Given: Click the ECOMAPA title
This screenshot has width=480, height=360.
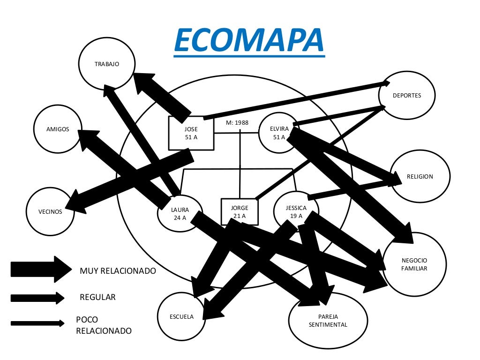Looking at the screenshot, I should tap(249, 40).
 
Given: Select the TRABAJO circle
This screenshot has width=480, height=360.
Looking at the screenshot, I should tap(107, 64).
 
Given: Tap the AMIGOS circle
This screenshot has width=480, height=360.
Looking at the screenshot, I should tap(58, 129).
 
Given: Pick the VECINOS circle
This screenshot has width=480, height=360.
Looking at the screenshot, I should tap(50, 211).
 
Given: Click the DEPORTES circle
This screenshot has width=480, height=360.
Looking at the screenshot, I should tap(407, 96).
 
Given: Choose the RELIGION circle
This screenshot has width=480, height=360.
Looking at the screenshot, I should tap(420, 176).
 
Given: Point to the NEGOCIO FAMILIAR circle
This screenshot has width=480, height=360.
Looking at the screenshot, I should tap(414, 264).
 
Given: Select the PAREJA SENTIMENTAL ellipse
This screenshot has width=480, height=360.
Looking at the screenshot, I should tap(328, 321).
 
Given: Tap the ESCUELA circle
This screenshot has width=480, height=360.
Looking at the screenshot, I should tap(181, 316).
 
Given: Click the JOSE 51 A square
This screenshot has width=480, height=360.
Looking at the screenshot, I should tap(191, 133).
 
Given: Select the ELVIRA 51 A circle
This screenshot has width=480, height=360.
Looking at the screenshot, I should tap(278, 133).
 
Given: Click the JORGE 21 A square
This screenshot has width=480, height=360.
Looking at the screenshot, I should tap(239, 212).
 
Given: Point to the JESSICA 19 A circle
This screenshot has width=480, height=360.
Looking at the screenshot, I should tap(296, 212).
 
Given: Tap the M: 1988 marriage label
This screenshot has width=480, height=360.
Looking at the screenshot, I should tap(237, 123).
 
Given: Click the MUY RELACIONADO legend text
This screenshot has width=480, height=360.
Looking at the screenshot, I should tap(118, 271).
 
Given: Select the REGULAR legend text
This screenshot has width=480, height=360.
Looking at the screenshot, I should tap(97, 297).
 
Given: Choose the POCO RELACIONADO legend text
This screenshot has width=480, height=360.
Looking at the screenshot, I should tap(104, 325).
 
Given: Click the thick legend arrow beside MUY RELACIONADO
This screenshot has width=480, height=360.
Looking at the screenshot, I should tap(40, 269).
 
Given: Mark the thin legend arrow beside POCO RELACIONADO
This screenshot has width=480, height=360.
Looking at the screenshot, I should tap(37, 323).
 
